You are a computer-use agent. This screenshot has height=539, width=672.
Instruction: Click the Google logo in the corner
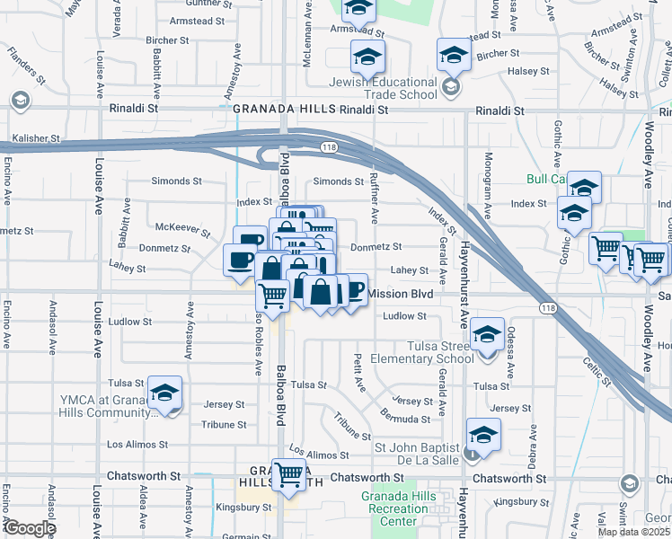[29, 527]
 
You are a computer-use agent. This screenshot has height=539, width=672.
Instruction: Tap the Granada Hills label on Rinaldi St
[284, 109]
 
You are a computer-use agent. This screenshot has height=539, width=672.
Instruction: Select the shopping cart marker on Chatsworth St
[288, 473]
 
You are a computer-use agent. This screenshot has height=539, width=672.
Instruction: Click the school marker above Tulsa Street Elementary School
[487, 335]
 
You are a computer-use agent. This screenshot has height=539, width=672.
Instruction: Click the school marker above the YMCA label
[164, 392]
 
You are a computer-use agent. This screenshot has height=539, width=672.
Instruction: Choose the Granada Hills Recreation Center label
[398, 508]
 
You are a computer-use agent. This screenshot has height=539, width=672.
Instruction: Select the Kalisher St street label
[36, 139]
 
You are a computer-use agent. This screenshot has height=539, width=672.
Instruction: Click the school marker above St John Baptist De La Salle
[483, 434]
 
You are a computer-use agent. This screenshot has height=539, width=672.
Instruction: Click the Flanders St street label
[27, 73]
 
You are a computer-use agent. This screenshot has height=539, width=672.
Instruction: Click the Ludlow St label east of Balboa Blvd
[404, 316]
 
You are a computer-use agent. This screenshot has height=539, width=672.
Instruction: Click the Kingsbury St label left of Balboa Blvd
[243, 508]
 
